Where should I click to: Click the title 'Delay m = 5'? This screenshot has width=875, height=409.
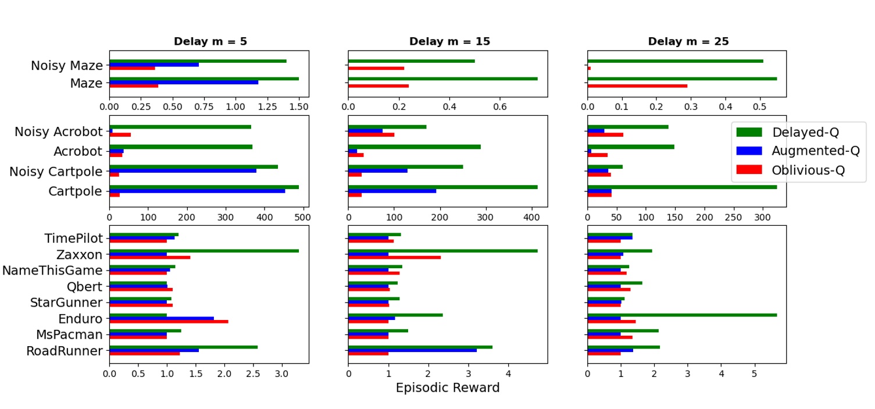210,41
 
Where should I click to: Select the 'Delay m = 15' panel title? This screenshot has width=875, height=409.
449,41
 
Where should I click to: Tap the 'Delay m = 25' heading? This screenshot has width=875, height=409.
688,41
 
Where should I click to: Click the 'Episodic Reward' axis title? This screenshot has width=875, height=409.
448,387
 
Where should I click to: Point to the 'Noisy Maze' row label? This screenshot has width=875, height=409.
66,66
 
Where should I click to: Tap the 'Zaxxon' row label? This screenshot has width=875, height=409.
79,255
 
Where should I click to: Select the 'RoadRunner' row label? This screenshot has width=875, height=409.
64,351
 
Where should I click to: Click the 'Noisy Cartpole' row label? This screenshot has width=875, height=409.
56,172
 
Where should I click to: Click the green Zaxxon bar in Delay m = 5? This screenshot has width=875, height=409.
204,251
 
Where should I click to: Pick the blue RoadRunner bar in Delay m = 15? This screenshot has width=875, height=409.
412,350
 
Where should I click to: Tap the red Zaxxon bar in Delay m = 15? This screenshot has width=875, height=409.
394,257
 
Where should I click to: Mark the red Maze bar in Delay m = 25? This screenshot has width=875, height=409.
637,86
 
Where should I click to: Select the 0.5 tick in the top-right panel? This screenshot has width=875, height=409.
759,107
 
